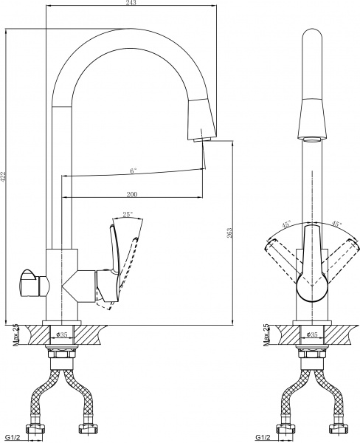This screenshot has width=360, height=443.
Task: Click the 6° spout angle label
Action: pos(132,171)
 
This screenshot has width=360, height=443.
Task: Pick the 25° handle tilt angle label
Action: pos(127,215)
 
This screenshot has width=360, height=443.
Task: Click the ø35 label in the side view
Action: pos(63,334)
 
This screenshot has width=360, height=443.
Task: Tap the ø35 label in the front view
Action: pos(312,334)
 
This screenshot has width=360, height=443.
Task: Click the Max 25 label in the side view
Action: pos(15,336)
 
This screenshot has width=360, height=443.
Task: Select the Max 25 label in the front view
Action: pos(265,336)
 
